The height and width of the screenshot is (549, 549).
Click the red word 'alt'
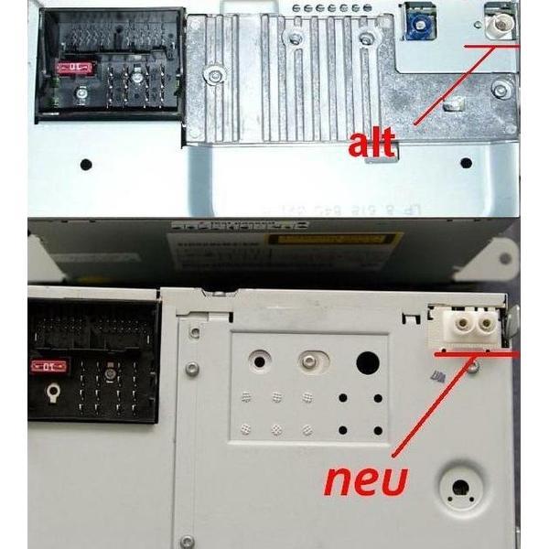(372, 144)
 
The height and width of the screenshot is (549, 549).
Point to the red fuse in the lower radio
(53, 366)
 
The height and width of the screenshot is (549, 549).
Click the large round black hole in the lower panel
(367, 363)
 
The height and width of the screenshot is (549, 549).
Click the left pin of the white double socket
(457, 324)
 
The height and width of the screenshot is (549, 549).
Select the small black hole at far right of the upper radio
(467, 165)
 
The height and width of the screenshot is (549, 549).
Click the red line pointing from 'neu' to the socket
(430, 407)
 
